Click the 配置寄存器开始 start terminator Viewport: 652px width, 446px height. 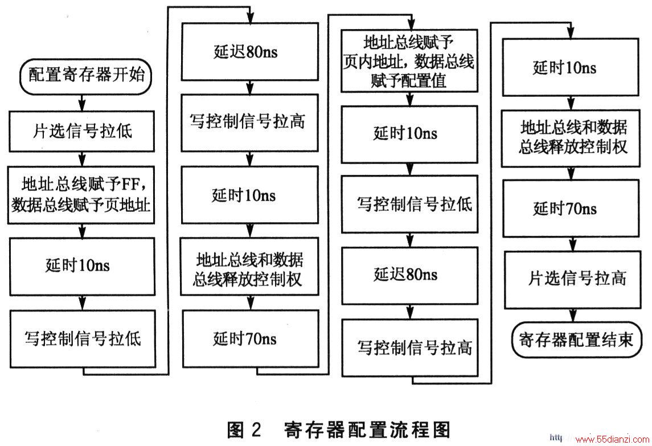pos(85,76)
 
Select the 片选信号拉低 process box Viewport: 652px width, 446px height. pos(81,131)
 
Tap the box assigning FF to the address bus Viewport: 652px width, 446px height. pos(81,195)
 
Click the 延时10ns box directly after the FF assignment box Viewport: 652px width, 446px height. pos(83,267)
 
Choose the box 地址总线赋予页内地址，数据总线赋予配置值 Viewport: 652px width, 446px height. pos(409,61)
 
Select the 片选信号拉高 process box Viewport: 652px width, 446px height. pos(573,279)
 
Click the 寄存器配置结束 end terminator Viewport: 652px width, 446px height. pos(576,339)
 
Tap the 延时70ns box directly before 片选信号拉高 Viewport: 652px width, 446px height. pos(571,208)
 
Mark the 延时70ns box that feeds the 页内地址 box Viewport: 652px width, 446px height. pos(251,339)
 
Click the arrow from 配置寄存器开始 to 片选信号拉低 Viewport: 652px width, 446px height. pos(83,103)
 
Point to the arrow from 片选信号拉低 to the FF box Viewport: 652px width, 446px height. pos(83,159)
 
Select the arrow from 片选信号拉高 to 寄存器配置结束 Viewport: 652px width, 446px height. pos(573,315)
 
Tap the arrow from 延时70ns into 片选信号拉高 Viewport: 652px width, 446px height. pos(573,244)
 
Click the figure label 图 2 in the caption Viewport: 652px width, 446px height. pos(244,430)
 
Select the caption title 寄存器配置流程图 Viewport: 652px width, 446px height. pos(367,430)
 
